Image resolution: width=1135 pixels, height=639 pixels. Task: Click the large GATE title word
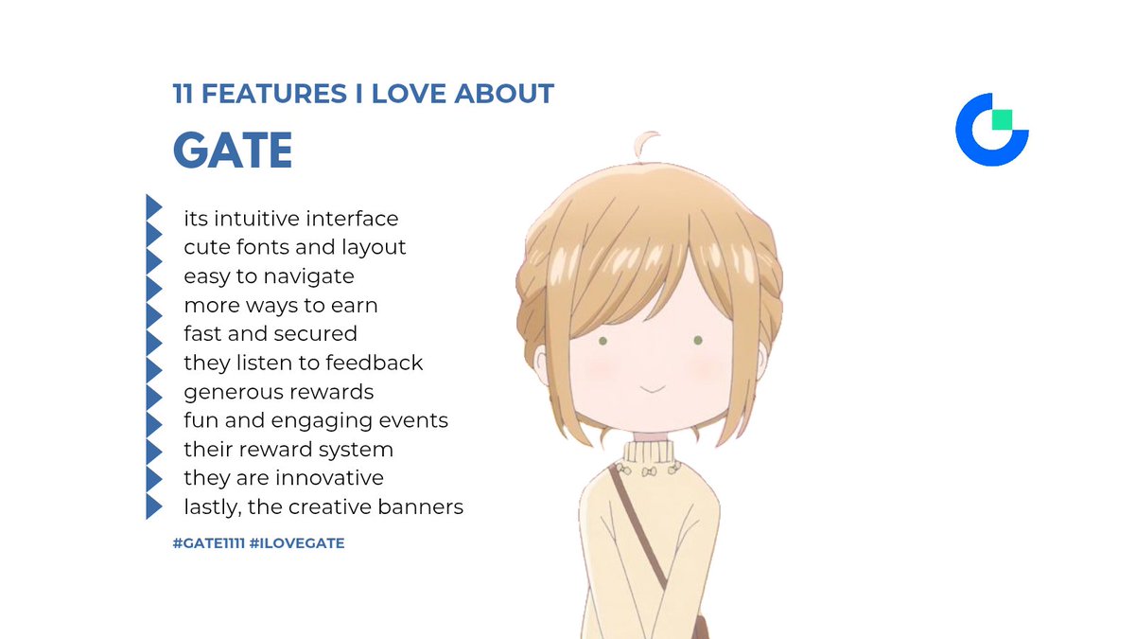(233, 150)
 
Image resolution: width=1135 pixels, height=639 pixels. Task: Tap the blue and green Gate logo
(991, 130)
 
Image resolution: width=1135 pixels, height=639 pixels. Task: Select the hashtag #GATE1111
(207, 543)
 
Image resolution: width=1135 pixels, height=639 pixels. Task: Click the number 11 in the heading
(183, 94)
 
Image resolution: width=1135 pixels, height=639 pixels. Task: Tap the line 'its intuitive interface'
(291, 219)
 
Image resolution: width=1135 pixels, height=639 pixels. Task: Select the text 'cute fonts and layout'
(295, 247)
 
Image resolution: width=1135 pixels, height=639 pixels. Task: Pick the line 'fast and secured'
(271, 333)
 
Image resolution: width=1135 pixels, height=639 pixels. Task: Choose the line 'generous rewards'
(279, 391)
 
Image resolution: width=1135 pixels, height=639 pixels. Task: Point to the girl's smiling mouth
(650, 389)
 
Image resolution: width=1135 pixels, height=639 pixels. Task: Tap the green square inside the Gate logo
(1001, 120)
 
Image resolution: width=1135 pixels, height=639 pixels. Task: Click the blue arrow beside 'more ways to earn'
(154, 305)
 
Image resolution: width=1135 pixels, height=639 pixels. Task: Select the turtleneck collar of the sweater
(648, 454)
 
